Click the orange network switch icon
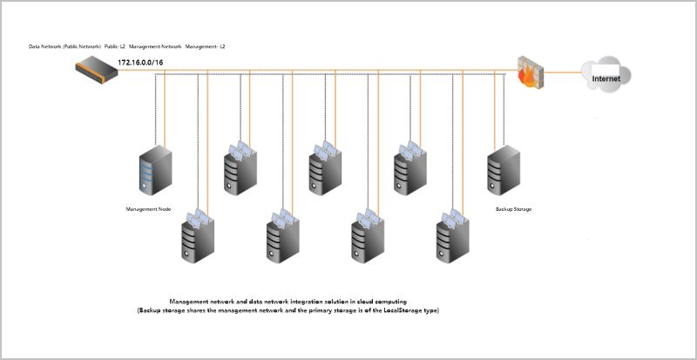[x=95, y=69]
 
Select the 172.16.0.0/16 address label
[x=141, y=62]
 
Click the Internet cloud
[x=606, y=76]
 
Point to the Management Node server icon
[x=156, y=172]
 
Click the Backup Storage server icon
[x=504, y=170]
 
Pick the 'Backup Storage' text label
[x=513, y=209]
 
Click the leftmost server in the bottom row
[x=198, y=236]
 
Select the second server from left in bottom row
[x=283, y=236]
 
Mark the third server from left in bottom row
[x=369, y=236]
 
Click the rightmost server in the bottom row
[x=454, y=236]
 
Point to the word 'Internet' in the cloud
[x=606, y=79]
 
